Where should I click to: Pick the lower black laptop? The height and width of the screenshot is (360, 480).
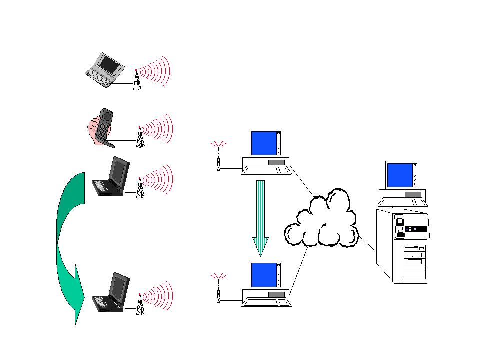tap(113, 292)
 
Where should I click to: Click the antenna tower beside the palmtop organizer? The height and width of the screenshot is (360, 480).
tap(136, 80)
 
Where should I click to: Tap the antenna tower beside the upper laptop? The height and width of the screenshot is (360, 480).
tap(140, 188)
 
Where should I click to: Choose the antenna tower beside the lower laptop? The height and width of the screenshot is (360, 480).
tap(140, 304)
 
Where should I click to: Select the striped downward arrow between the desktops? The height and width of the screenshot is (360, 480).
tap(260, 215)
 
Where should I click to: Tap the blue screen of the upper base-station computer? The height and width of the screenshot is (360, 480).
tap(263, 143)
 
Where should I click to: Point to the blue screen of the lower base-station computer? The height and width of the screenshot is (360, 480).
tap(263, 274)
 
